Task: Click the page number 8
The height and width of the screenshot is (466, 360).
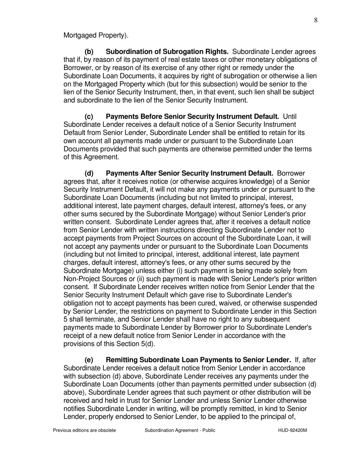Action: point(316,20)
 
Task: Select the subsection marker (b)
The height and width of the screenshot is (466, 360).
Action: point(89,52)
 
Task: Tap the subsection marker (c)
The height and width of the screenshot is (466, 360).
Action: point(89,116)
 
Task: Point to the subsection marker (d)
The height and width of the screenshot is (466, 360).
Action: point(89,173)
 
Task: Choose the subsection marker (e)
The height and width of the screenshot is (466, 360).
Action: point(89,360)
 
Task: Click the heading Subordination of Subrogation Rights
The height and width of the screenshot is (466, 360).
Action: point(167,52)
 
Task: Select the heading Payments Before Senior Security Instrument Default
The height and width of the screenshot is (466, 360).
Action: point(193,116)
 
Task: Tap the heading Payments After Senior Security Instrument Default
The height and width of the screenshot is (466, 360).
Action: point(190,173)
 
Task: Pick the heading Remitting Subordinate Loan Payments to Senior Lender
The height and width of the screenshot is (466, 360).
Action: point(198,360)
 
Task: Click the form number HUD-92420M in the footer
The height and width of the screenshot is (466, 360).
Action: point(290,431)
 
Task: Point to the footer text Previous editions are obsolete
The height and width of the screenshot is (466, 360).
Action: point(85,431)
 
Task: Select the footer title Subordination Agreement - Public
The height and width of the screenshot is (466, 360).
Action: point(180,431)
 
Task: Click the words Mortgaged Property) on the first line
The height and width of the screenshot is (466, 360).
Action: point(96,36)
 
